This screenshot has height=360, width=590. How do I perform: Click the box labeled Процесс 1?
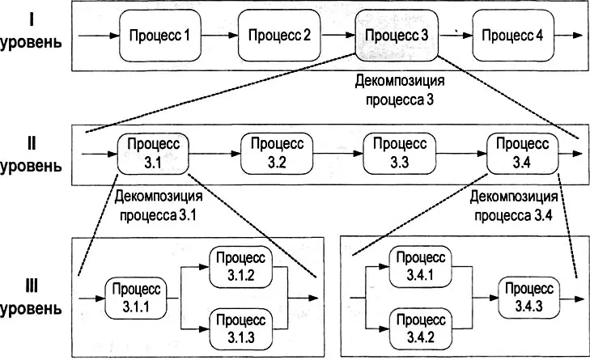click(x=159, y=36)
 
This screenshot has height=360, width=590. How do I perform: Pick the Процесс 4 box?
click(x=511, y=36)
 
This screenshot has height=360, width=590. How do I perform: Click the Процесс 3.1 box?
click(x=153, y=152)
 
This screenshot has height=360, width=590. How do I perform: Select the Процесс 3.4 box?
click(x=523, y=152)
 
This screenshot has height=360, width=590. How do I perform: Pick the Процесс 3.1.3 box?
click(x=241, y=327)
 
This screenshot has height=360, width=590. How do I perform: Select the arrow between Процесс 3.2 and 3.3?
click(x=338, y=152)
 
